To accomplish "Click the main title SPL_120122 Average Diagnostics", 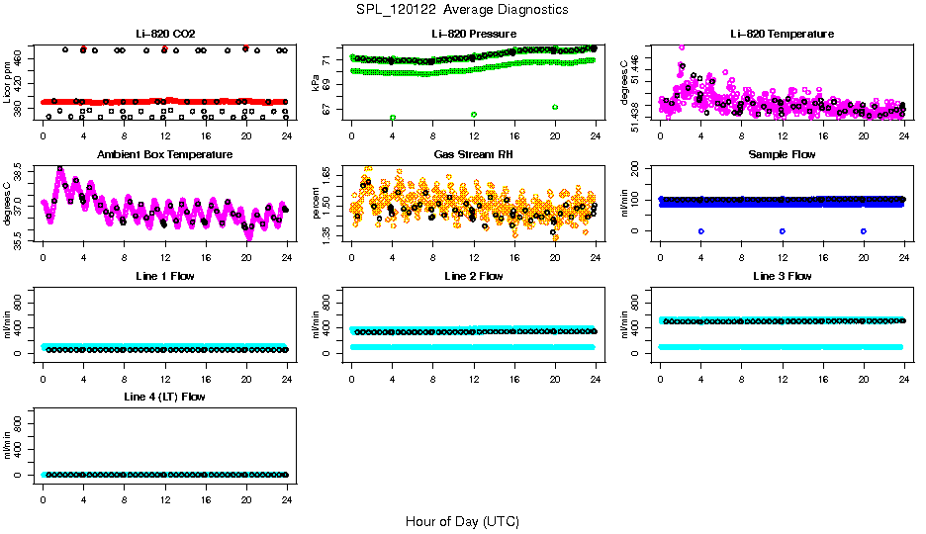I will tap(463, 10).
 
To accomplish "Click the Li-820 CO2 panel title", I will tap(163, 34).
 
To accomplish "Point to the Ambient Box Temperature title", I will tap(164, 155).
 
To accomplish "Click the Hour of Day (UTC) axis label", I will tap(462, 521).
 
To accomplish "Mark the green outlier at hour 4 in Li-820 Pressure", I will tap(393, 118).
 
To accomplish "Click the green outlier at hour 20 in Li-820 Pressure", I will tap(555, 107).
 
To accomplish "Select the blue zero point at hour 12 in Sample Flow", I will tap(783, 231).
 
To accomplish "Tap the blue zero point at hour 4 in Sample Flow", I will tap(700, 231).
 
